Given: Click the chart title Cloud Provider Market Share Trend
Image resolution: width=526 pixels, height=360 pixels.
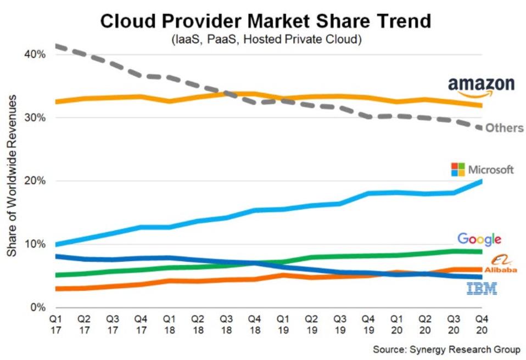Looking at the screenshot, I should pos(265,21).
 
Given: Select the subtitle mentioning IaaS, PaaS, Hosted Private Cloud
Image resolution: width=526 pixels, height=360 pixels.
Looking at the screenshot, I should pos(265,40).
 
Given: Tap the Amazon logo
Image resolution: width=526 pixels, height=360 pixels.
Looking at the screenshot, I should pos(481,86).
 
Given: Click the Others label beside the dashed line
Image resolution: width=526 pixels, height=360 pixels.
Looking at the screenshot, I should pos(504,128).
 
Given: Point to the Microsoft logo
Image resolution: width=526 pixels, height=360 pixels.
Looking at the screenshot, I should pos(482,169).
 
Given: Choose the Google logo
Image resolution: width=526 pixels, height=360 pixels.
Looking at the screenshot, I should pos(479,239).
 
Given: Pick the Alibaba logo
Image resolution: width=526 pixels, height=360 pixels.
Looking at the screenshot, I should pos(500,265).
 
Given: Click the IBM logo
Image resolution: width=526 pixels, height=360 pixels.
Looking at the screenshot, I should pos(482,288).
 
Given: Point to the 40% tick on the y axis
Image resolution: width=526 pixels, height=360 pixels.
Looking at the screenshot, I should pos(34,54).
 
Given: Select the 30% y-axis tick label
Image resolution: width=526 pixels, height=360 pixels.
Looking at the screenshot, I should pos(34,118).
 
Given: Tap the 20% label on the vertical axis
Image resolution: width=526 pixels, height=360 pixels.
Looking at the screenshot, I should pos(34,181).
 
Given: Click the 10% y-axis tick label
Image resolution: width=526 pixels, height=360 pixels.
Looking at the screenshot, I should pos(34,244).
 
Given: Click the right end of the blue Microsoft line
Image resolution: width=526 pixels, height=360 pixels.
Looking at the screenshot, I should pos(482,181).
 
